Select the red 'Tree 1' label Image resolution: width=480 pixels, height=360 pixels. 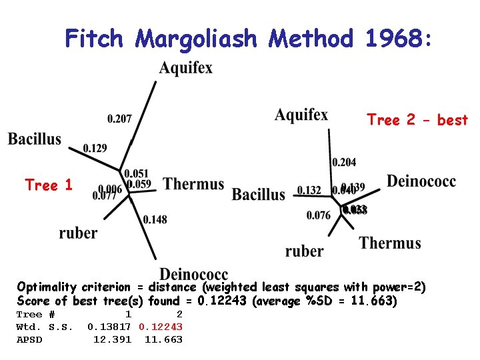pyautogui.click(x=49, y=185)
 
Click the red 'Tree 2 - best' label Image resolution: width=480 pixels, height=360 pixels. pyautogui.click(x=417, y=120)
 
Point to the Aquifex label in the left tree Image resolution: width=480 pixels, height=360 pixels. pyautogui.click(x=186, y=67)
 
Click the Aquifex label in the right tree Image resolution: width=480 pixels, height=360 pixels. pyautogui.click(x=301, y=115)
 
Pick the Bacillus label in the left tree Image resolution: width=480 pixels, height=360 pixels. pyautogui.click(x=35, y=139)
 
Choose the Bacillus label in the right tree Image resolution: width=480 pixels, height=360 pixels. pyautogui.click(x=258, y=195)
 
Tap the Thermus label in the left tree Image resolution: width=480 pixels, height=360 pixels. pyautogui.click(x=194, y=183)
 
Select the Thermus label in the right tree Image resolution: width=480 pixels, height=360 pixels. pyautogui.click(x=390, y=243)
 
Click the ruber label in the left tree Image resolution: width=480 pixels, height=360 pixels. pyautogui.click(x=78, y=233)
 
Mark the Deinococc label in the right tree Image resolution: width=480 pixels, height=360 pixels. pyautogui.click(x=421, y=181)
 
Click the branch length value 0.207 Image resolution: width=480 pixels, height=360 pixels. pyautogui.click(x=119, y=119)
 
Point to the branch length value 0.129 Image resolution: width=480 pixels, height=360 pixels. pyautogui.click(x=95, y=148)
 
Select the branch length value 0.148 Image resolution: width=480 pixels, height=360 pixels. pyautogui.click(x=155, y=219)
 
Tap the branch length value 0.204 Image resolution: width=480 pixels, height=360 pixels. pyautogui.click(x=344, y=162)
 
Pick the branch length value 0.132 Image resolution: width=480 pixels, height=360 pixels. pyautogui.click(x=309, y=191)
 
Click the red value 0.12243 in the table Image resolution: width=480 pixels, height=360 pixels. pyautogui.click(x=161, y=327)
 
